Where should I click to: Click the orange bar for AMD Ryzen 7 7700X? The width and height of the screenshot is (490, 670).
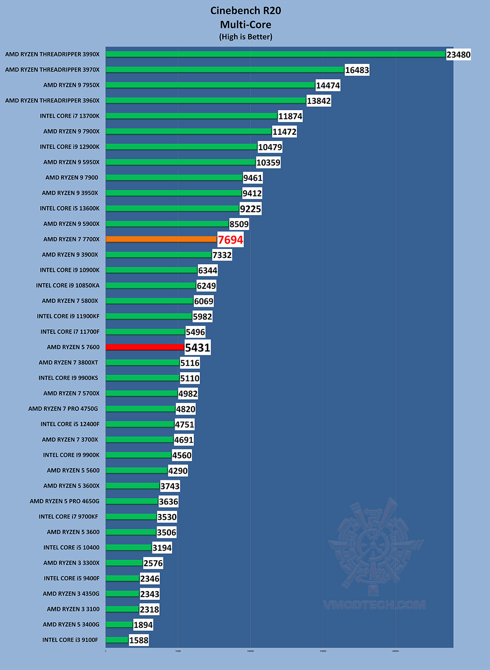point(161,239)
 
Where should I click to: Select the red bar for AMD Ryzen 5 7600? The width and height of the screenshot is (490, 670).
point(145,347)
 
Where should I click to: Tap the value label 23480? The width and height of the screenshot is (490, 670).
point(458,55)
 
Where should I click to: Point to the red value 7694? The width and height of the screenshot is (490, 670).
point(230,240)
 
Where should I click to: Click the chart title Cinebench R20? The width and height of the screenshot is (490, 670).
point(245,11)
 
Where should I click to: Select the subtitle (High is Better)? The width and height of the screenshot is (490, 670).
point(245,37)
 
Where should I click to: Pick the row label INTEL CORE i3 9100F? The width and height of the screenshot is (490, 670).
point(70,640)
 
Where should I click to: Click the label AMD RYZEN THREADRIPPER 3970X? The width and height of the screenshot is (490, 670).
point(52,70)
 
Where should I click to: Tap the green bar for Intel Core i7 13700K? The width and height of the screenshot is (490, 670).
point(191,116)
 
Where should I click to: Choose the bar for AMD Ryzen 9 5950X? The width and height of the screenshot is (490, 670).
point(180,162)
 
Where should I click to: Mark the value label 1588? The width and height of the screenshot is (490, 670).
point(139,641)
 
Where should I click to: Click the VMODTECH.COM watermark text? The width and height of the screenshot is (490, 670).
point(374,605)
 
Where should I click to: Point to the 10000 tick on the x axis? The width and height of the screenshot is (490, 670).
point(250,651)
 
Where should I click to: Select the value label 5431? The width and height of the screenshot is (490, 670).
point(198,348)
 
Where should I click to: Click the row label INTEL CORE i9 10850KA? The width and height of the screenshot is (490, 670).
point(68,285)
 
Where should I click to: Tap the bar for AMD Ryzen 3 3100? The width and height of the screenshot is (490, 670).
point(122,609)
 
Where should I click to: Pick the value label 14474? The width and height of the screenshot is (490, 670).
point(328,86)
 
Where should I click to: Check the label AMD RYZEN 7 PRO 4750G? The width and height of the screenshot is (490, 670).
point(63,409)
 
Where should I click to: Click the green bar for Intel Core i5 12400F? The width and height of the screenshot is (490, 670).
point(140,424)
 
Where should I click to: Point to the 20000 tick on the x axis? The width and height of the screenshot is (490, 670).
point(395,651)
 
